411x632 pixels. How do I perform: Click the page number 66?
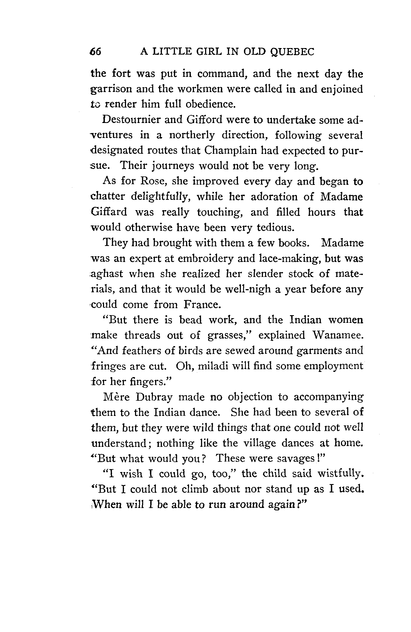pyautogui.click(x=95, y=51)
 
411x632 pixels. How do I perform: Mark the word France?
pyautogui.click(x=201, y=305)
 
